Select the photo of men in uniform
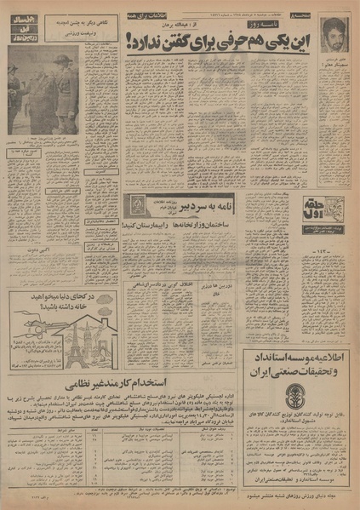pos(43,90)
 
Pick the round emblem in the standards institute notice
pos(295,401)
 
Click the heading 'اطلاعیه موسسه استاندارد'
pos(294,357)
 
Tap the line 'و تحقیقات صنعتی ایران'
pos(294,372)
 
